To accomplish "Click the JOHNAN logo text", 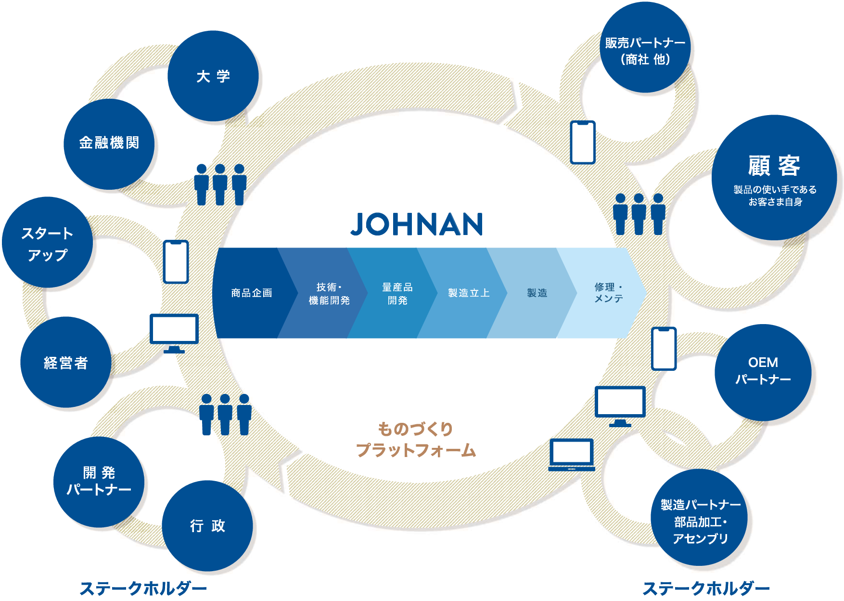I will tap(417, 224).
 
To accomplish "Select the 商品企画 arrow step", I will tap(251, 293).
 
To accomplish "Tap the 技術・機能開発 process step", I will tap(329, 293).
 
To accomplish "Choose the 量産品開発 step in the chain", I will tap(397, 293).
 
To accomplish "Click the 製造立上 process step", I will tap(468, 293).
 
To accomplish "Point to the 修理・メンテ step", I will tap(608, 293).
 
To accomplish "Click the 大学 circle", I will tap(213, 76).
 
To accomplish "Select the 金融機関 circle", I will tap(109, 144).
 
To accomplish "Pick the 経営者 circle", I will tap(66, 362).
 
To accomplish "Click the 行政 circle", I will tap(207, 525).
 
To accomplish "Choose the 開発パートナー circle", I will tap(99, 482).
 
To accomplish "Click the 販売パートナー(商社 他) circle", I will tap(645, 48).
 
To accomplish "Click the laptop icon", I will tap(572, 455).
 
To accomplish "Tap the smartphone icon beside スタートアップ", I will tap(176, 261).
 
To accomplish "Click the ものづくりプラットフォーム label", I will tap(416, 439).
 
